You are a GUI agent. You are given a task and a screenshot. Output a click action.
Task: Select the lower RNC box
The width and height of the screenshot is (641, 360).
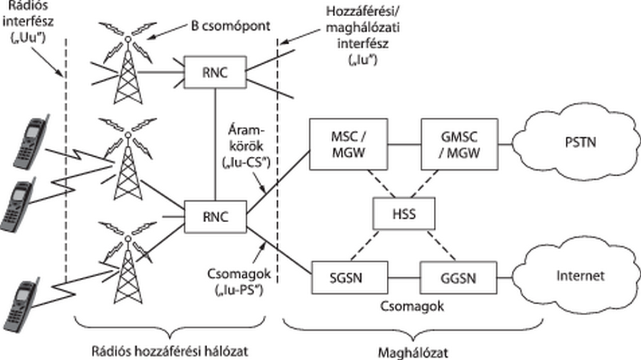(215, 216)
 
